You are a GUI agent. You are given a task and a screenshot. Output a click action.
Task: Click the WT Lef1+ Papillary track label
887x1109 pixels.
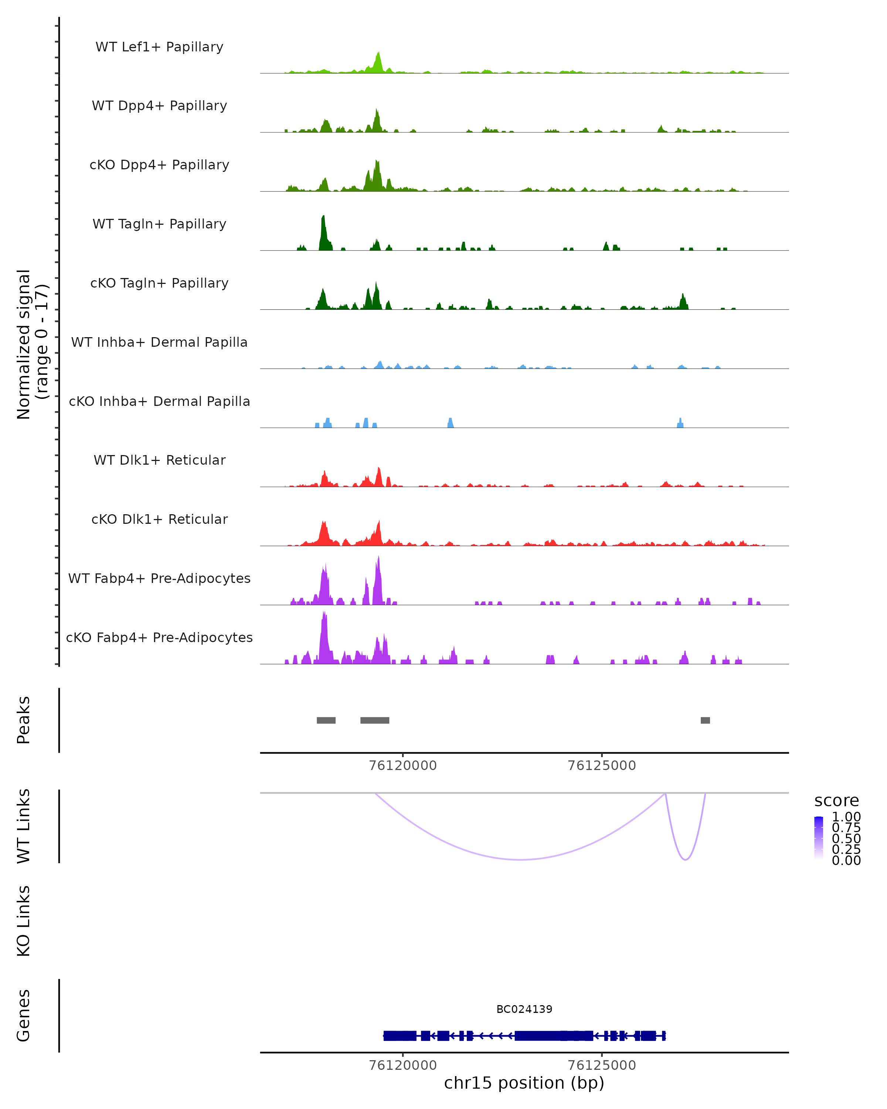pos(159,47)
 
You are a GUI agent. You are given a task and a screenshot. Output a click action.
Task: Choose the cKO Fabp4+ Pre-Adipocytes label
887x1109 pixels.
pos(159,637)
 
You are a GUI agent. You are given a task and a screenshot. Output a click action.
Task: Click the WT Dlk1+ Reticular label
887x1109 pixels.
pos(159,460)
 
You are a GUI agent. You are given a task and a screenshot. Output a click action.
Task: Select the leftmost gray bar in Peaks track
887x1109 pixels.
pos(326,720)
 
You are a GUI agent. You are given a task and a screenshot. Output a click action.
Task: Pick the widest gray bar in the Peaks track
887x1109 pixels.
pos(375,720)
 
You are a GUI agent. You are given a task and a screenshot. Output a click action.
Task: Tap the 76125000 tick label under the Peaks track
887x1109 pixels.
pos(602,766)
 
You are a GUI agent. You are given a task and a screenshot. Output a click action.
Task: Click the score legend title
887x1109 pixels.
pos(837,801)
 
